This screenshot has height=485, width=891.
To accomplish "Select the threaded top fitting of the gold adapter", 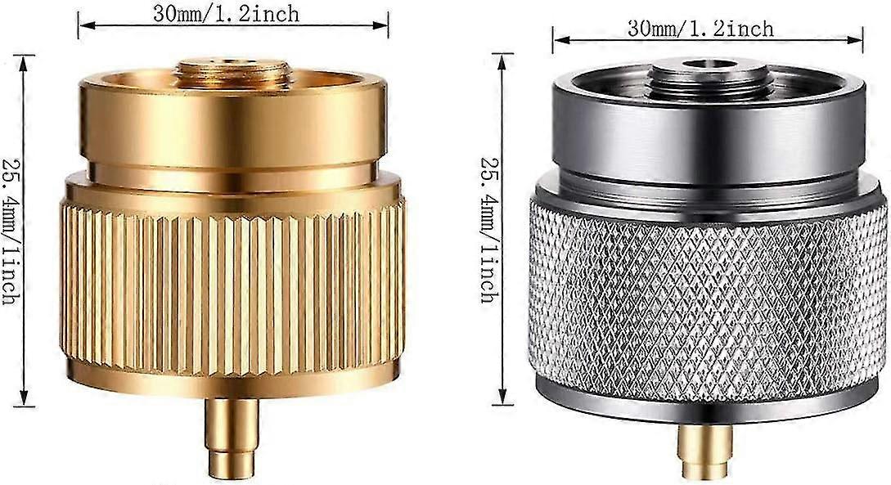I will [x=232, y=74].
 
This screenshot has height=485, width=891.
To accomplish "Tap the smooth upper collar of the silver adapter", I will [x=709, y=135].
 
